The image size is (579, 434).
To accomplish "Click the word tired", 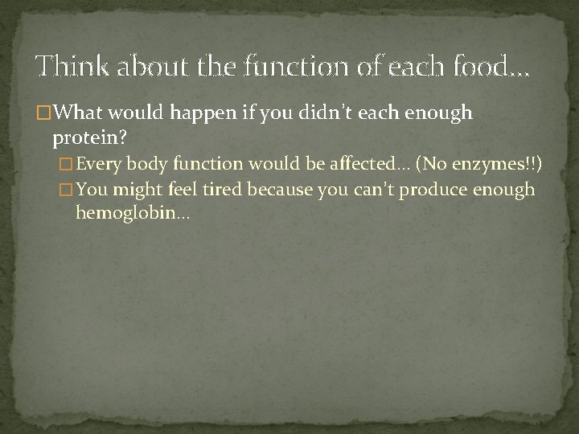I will (224, 190).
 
